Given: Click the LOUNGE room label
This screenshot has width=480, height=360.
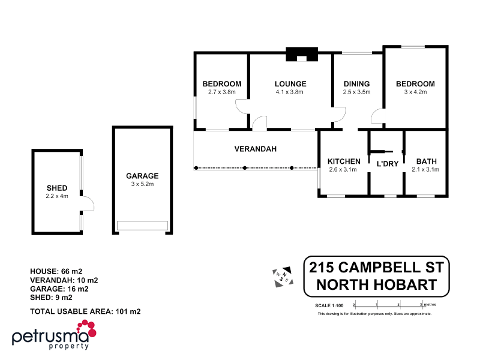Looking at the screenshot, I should coord(290,84).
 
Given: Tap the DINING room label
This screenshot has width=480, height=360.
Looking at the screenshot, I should coord(356,84).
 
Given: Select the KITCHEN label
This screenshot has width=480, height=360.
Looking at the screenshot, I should coord(344,161).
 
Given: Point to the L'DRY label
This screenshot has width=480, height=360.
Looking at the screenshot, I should coord(387,164).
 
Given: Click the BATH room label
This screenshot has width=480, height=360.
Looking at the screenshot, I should coord(426,161).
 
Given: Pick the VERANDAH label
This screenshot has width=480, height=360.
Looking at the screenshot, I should coord(255,149).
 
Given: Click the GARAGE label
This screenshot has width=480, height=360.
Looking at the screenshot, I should coord(142,176).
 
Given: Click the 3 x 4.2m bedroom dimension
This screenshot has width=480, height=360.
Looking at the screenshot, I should coord(415,92).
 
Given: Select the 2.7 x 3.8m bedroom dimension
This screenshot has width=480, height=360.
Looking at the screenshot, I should coord(222,92).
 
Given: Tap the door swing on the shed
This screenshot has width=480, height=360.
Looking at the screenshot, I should coord(88,204).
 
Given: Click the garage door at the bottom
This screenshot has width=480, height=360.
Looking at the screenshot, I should coord(142,225).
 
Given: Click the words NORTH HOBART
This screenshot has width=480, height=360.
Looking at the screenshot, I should coord(377,285).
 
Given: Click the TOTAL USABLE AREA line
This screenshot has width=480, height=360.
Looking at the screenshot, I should coord(85,311).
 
